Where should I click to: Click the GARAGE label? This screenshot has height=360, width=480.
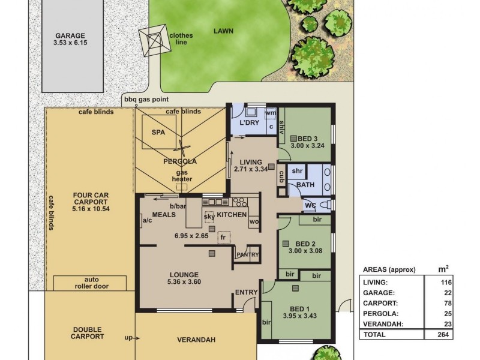coord(70,36)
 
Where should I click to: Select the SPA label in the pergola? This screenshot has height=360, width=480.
coord(158,132)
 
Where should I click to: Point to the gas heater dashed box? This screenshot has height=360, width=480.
coord(182,187)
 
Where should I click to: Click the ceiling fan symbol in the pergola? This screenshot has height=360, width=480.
coord(182,149)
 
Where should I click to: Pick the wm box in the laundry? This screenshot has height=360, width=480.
coord(271,113)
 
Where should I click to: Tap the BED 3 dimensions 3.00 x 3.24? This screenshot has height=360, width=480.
coord(307,146)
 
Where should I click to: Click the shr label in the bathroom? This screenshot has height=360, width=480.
coord(297,171)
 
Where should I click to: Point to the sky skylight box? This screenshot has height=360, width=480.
coord(209,217)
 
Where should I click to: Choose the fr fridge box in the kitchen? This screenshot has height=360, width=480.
coord(224,237)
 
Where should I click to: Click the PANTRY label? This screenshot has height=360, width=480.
coord(248,254)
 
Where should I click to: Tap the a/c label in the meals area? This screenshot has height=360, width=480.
coord(147,220)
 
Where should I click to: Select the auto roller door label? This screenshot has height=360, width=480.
coord(92,283)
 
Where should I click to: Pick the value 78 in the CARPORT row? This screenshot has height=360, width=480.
coord(448,303)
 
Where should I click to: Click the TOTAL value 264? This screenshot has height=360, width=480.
coord(443,334)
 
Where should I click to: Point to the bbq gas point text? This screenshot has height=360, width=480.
coord(146,99)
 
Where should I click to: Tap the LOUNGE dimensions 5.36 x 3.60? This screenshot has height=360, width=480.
coord(184,282)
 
